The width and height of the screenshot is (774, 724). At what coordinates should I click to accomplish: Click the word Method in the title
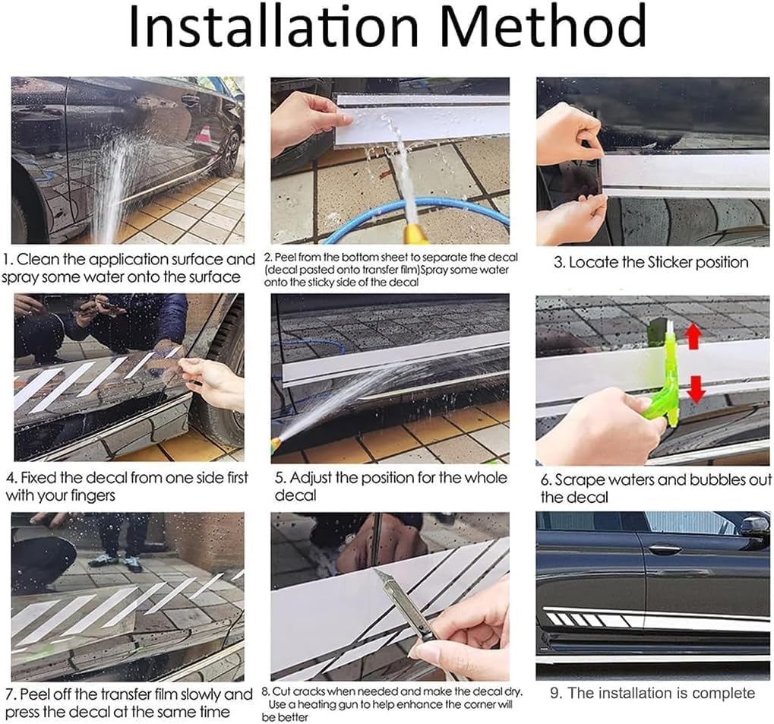coord(543,26)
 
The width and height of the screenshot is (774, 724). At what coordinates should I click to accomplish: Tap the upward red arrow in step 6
coord(693,336)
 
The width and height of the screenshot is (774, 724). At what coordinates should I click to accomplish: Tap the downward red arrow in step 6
coord(696,389)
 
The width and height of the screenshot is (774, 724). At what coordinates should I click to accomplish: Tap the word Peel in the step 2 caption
coord(283,258)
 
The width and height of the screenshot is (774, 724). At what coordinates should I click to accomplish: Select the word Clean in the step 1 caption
coord(38,259)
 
